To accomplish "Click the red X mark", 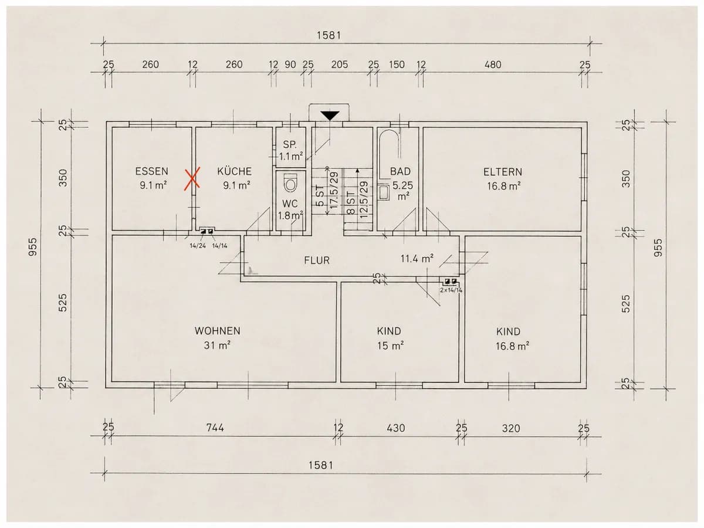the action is pyautogui.click(x=192, y=178).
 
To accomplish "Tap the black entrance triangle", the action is pyautogui.click(x=330, y=116).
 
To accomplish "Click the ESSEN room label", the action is pyautogui.click(x=152, y=171).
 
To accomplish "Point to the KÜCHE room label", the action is pyautogui.click(x=235, y=171).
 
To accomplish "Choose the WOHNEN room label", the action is pyautogui.click(x=218, y=331).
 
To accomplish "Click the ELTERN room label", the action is pyautogui.click(x=503, y=172).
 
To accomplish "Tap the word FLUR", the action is pyautogui.click(x=317, y=260).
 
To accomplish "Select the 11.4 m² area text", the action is pyautogui.click(x=417, y=258).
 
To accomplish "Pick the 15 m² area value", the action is pyautogui.click(x=390, y=346).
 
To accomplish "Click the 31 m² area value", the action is pyautogui.click(x=217, y=346).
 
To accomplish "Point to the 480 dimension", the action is pyautogui.click(x=493, y=65).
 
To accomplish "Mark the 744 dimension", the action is pyautogui.click(x=215, y=428).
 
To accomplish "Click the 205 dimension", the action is pyautogui.click(x=340, y=65).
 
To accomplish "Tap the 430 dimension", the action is pyautogui.click(x=396, y=428).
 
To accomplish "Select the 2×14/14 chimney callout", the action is pyautogui.click(x=451, y=290).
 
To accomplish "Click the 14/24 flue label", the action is pyautogui.click(x=198, y=246).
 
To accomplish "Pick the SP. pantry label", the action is pyautogui.click(x=290, y=144).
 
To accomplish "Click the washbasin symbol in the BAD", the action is pyautogui.click(x=384, y=193).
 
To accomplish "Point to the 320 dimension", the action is pyautogui.click(x=511, y=428).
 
